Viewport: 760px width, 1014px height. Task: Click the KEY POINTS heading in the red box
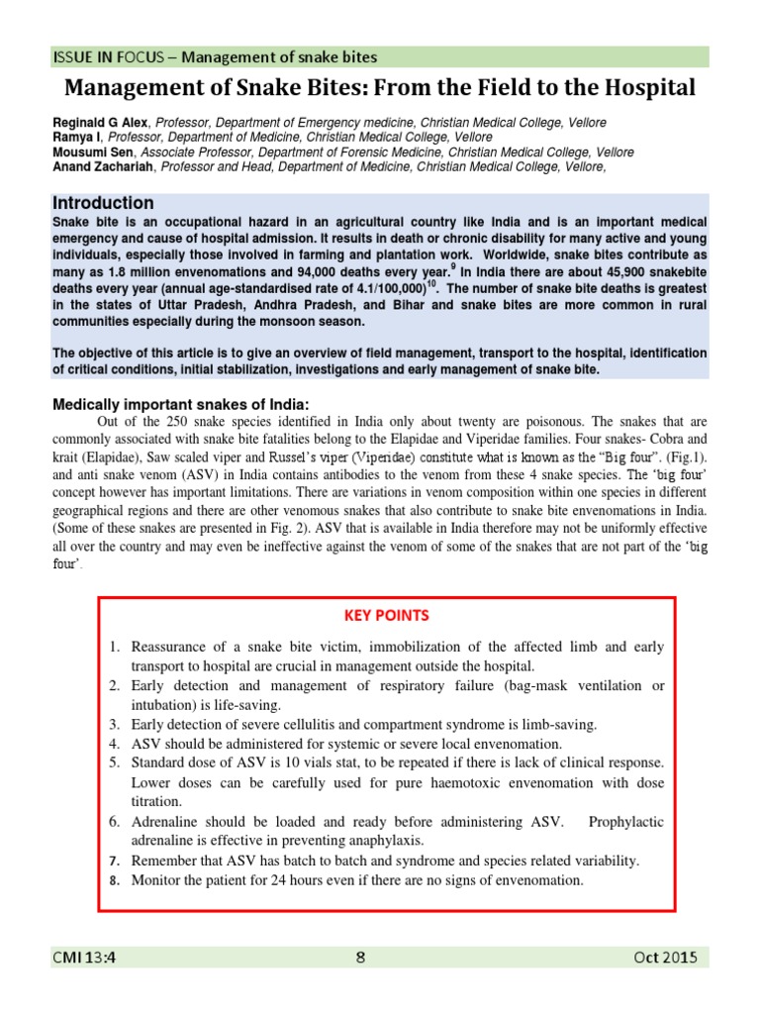click(387, 615)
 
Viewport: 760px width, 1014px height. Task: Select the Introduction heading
click(103, 202)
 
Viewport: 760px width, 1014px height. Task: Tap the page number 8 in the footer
click(360, 957)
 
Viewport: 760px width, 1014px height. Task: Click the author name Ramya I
click(77, 138)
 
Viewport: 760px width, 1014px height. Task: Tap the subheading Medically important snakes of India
click(181, 404)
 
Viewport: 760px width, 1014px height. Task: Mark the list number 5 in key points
click(114, 762)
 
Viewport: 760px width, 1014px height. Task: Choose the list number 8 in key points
click(114, 880)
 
